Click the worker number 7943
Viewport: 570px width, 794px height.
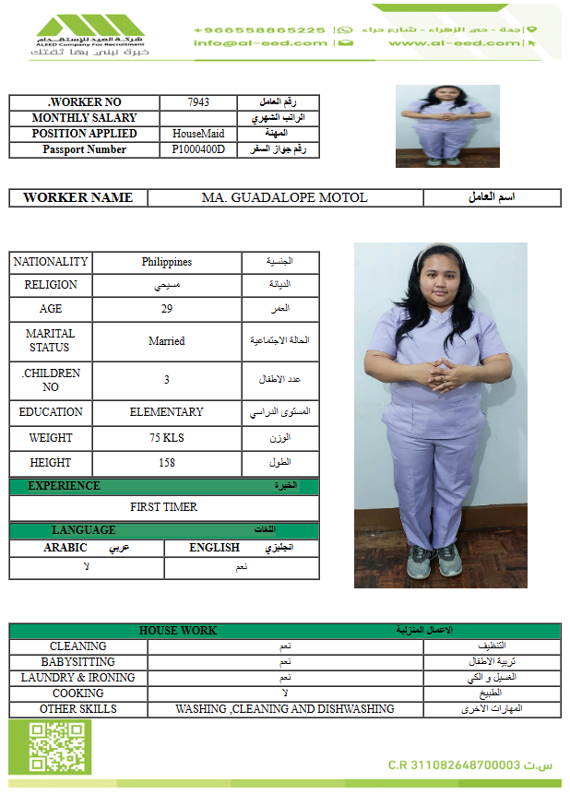point(198,102)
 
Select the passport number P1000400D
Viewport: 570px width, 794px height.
point(198,149)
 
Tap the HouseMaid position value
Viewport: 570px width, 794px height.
point(198,134)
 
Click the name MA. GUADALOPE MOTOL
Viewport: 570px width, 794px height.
point(284,197)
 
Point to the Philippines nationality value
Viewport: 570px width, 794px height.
point(167,262)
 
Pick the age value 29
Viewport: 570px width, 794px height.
point(167,308)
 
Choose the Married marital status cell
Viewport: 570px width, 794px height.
point(167,341)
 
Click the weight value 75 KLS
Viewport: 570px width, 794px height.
point(167,438)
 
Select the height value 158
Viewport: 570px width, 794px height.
point(167,463)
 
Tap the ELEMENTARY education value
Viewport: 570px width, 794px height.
point(167,412)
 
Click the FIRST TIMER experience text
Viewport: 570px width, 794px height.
point(164,507)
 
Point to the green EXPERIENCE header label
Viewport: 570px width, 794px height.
point(64,486)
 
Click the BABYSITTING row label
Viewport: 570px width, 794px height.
point(78,662)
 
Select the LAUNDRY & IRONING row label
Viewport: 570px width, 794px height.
point(78,678)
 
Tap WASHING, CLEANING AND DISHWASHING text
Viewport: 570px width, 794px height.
point(285,709)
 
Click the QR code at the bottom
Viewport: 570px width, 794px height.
point(51,747)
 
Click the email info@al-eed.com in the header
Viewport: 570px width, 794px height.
point(260,43)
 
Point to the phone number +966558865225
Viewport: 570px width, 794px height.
point(259,30)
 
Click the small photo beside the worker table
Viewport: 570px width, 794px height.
point(434,126)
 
